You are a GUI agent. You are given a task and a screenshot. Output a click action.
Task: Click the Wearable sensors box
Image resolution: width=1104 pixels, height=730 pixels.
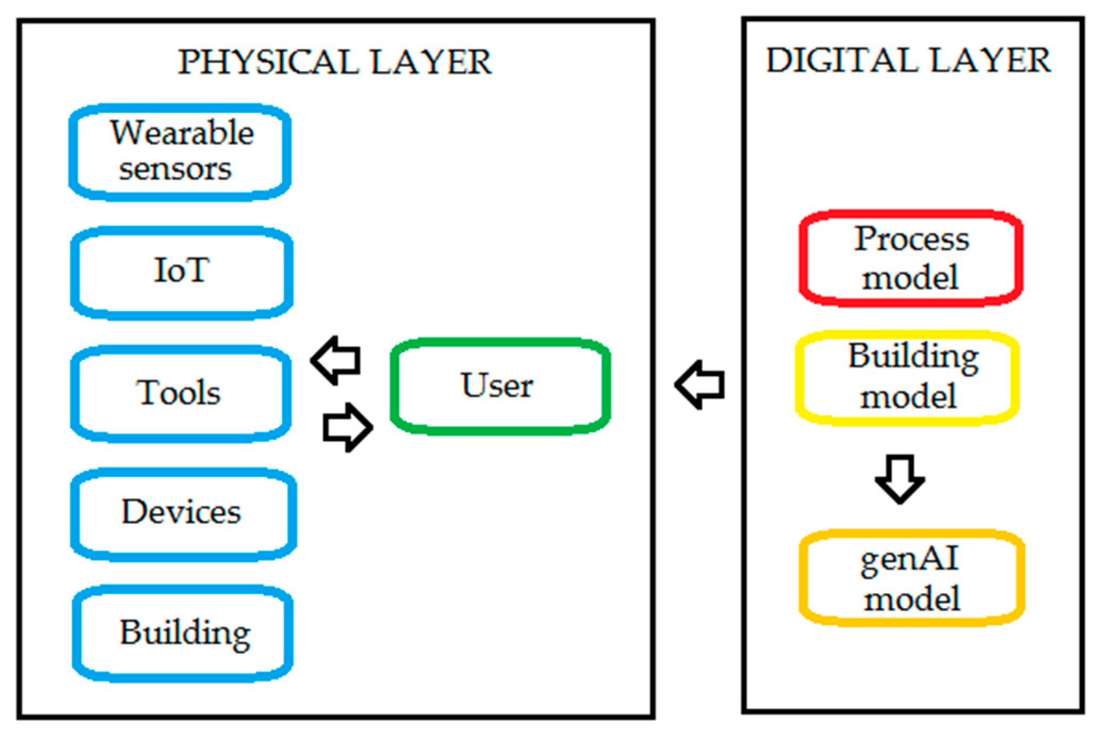tap(180, 152)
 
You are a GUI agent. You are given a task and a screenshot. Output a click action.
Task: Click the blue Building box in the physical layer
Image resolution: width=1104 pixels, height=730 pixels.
tap(183, 634)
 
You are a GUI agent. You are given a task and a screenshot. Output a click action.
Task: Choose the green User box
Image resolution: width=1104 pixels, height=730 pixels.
tap(500, 386)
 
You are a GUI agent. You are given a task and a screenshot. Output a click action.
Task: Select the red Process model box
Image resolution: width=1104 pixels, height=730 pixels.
tap(911, 258)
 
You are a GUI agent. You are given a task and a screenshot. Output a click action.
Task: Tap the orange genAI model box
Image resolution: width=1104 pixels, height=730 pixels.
tap(912, 578)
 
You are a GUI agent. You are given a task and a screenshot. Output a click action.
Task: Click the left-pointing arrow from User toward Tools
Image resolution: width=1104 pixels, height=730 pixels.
tap(337, 360)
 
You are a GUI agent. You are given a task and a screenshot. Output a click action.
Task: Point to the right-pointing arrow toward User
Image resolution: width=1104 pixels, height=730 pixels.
tap(347, 428)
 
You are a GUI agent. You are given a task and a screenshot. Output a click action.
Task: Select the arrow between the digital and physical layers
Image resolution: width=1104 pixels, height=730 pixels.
tap(700, 384)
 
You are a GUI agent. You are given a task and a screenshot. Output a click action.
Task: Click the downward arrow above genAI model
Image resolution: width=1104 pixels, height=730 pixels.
tap(899, 479)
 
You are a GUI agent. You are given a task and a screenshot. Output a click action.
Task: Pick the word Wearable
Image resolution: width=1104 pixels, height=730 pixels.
tap(182, 133)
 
